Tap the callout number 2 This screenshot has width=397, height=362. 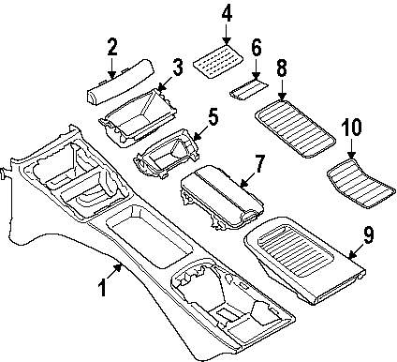(112, 46)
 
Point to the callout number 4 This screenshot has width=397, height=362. (227, 14)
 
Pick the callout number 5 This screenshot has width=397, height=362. (213, 117)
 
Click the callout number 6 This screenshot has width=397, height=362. (257, 47)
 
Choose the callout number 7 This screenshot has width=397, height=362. (260, 165)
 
